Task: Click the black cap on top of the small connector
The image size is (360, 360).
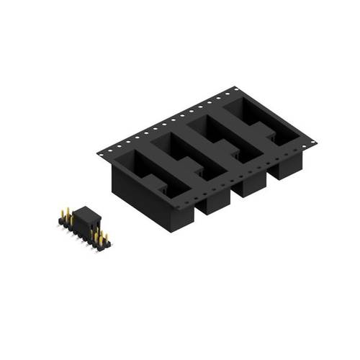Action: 86,214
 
